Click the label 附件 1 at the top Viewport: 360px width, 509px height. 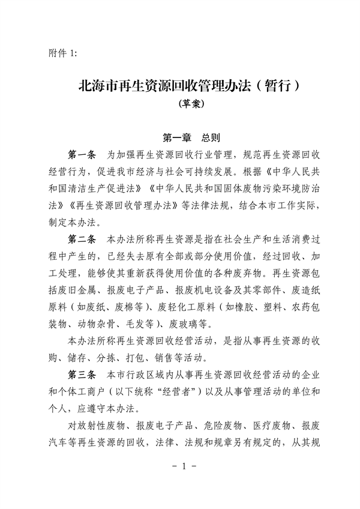63,53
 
